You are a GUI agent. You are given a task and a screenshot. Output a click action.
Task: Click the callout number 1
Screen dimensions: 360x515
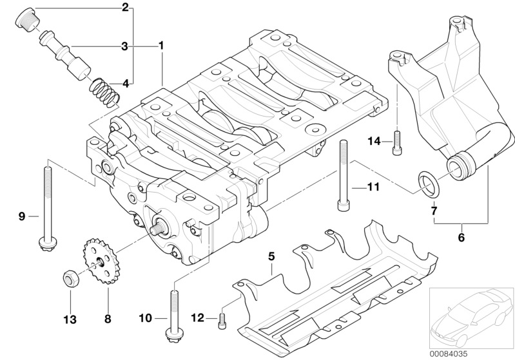tap(161, 46)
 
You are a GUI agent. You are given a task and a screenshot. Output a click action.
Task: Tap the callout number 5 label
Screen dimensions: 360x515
tap(271, 256)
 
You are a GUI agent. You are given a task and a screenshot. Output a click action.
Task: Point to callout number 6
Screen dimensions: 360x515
tap(461, 237)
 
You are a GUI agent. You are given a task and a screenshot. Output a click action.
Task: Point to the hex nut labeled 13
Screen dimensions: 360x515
tap(70, 278)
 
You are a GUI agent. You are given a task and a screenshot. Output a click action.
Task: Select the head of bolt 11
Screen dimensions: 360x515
tap(342, 205)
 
